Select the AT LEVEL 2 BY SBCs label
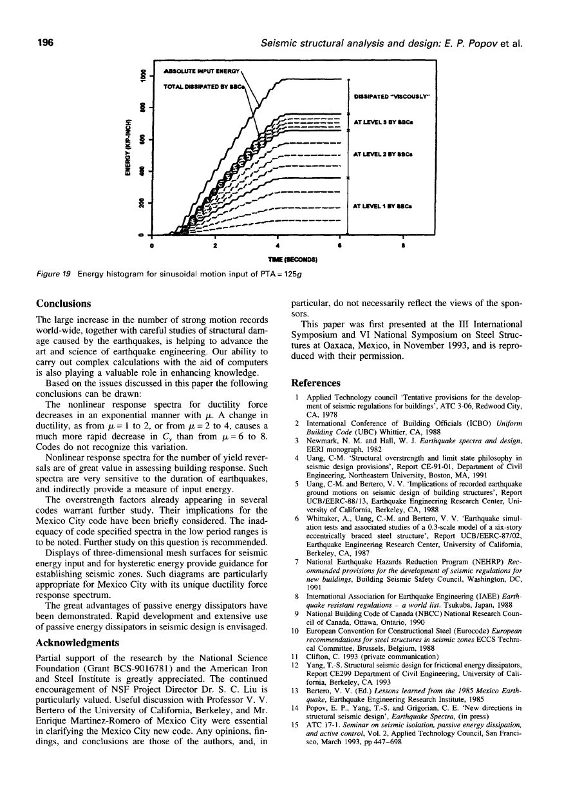[380, 155]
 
